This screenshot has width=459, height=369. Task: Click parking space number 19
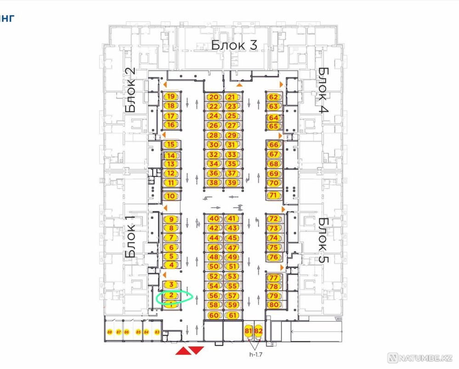171,97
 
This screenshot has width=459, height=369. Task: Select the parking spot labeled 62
273,97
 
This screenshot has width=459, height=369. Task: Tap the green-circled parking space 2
171,296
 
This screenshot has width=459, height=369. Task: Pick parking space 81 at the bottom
249,330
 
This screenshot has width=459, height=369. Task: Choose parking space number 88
109,332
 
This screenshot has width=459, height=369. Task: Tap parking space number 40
214,219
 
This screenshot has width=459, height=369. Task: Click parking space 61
232,315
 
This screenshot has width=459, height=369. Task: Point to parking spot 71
274,195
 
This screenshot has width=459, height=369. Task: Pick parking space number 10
171,196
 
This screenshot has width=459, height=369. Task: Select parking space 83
157,332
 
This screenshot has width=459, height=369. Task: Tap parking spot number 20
214,97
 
